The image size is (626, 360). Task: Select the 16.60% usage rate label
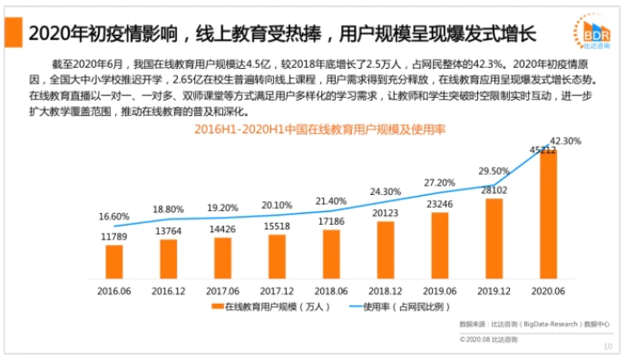coord(114,217)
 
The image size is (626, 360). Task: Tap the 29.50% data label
coord(494,171)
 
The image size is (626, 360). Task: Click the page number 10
coord(608,348)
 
